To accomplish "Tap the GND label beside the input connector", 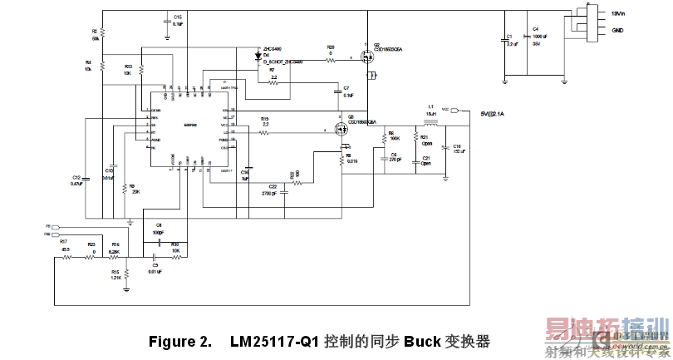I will click(617, 30).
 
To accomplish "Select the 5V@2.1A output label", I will click(499, 112).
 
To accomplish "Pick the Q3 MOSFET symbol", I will click(341, 129).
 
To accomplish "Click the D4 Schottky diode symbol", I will click(258, 58).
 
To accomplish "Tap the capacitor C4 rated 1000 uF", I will click(525, 38).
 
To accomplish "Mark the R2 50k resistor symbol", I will click(102, 35).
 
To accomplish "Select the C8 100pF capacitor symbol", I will click(158, 233).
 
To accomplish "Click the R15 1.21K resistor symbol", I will click(125, 274).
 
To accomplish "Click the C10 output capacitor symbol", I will click(445, 148).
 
